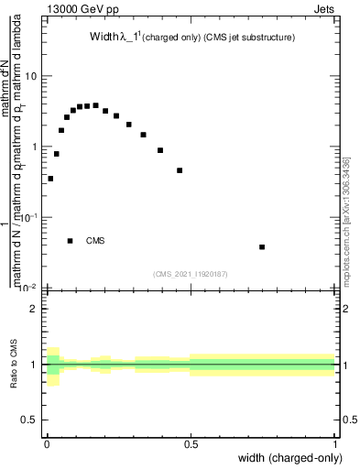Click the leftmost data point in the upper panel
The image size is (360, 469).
point(50,179)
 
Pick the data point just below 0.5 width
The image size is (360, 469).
point(180,170)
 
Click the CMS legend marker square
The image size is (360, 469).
point(70,241)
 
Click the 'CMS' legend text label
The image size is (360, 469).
point(95,241)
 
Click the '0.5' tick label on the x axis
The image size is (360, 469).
point(191,446)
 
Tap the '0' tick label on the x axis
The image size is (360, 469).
point(47,446)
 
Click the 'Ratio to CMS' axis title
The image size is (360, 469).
point(14,365)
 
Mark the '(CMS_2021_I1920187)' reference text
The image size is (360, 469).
point(191,273)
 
